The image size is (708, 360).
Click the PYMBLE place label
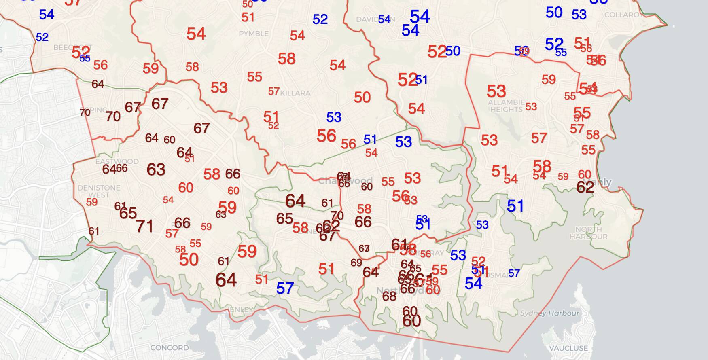[254, 34]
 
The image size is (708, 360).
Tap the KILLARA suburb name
[295, 93]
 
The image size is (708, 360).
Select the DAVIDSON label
[369, 19]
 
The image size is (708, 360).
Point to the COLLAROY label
[623, 15]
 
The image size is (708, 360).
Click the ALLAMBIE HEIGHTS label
[506, 106]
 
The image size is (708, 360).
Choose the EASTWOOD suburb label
[117, 161]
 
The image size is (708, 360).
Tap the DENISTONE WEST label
[99, 191]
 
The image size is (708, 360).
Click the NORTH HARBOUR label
[588, 233]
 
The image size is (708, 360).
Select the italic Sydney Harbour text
[549, 313]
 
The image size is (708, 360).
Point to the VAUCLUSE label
[568, 348]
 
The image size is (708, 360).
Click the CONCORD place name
[169, 347]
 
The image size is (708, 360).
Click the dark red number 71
[144, 227]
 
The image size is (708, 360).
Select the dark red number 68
[389, 296]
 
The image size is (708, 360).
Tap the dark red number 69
[356, 263]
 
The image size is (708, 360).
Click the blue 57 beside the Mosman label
[514, 273]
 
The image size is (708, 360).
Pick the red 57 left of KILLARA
[273, 91]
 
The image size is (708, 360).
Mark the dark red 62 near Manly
[585, 187]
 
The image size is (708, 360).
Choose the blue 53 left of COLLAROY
[579, 15]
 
